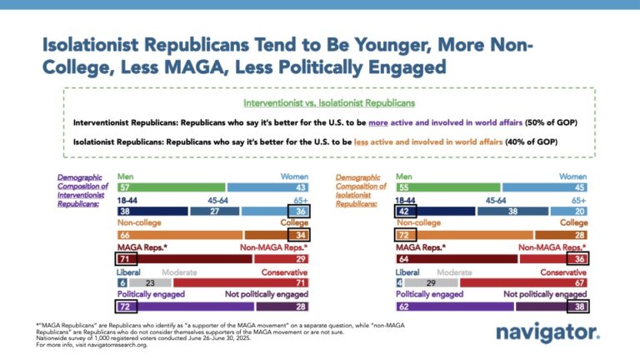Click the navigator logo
[547, 333]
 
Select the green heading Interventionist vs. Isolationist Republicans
[329, 102]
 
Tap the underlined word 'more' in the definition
[378, 122]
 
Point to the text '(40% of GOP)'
[531, 142]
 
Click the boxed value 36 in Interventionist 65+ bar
[299, 211]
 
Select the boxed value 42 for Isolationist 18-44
[406, 211]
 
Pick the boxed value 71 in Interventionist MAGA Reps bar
[126, 259]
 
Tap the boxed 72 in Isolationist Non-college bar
[406, 235]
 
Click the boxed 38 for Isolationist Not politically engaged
[578, 306]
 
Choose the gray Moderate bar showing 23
[150, 282]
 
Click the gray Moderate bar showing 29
[432, 282]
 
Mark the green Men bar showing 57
[172, 187]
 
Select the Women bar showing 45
[545, 187]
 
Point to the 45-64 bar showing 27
[215, 211]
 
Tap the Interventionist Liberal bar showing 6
[122, 282]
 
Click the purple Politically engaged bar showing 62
[455, 306]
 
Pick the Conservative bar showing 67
[523, 282]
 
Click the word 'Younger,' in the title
[393, 45]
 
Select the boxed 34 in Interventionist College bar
[299, 235]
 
